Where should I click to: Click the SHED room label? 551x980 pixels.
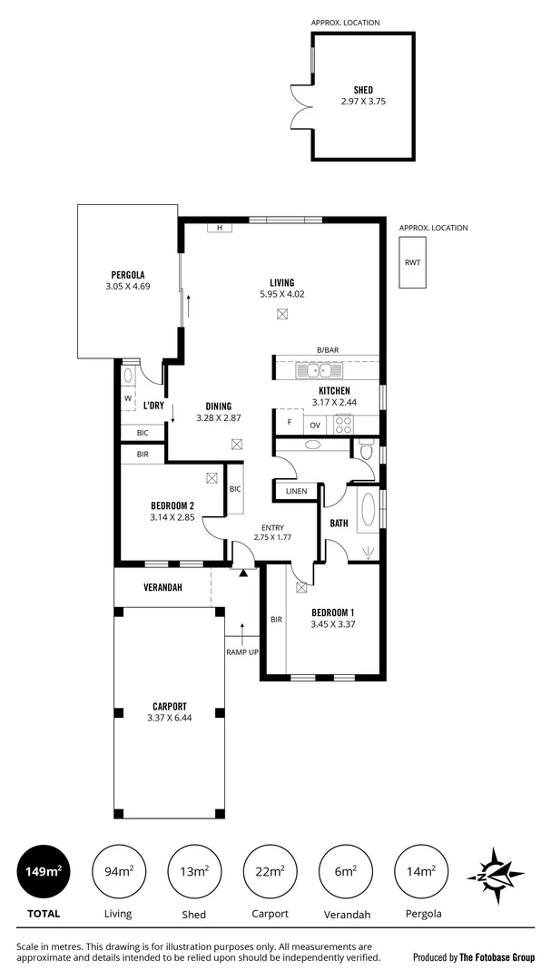(x=362, y=90)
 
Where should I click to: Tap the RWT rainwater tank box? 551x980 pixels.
(x=413, y=262)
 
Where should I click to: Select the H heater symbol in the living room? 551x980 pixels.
(x=219, y=228)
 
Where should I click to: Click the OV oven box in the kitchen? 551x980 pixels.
(x=316, y=424)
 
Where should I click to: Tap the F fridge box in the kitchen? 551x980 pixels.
(x=289, y=423)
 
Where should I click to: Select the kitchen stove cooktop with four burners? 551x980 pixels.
(x=344, y=424)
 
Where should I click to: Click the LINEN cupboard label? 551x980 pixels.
(x=296, y=491)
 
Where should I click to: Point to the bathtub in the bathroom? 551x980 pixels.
(x=369, y=510)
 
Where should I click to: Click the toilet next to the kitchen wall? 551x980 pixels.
(x=366, y=450)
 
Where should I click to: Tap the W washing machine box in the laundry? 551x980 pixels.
(x=128, y=398)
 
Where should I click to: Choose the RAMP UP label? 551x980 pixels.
(x=241, y=652)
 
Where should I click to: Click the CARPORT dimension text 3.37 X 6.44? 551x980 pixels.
(x=170, y=719)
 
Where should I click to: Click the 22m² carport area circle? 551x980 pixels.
(x=270, y=872)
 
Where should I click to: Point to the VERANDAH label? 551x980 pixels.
(x=162, y=587)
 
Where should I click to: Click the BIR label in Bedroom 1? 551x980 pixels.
(x=275, y=620)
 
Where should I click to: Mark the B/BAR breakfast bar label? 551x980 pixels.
(x=327, y=350)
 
